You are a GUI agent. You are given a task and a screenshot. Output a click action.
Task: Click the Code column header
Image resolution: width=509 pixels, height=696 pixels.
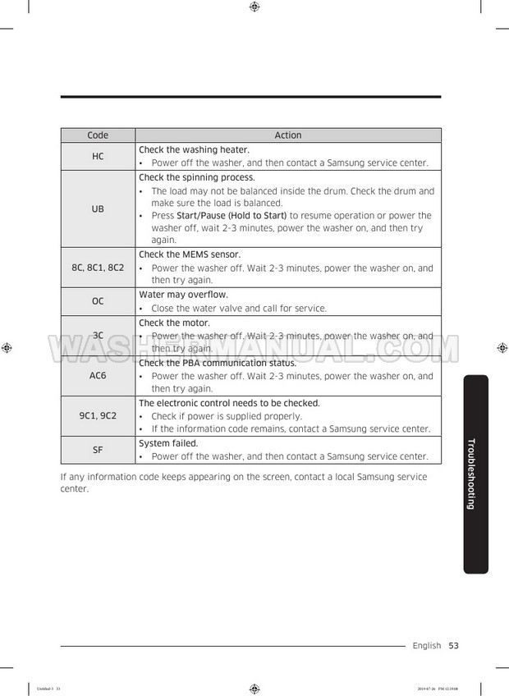point(98,135)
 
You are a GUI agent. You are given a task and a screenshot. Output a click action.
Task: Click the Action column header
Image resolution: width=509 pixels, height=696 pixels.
point(288,135)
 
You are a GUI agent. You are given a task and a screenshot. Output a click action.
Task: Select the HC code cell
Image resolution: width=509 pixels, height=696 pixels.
point(98,156)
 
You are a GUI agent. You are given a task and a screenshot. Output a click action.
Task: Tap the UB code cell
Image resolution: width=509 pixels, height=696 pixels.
point(98,208)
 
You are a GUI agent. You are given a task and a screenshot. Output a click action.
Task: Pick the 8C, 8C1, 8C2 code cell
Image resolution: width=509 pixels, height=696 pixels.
point(98,268)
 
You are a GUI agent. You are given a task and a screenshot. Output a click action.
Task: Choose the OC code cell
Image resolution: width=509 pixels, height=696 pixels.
point(98,301)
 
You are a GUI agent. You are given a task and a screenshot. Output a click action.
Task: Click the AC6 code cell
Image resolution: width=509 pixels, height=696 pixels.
point(98,375)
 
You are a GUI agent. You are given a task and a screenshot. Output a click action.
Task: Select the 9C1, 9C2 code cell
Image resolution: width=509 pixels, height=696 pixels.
point(98,415)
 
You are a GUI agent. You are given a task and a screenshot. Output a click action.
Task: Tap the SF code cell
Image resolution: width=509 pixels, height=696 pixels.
point(98,449)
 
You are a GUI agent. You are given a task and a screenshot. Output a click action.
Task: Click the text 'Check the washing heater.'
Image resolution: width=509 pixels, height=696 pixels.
point(194,149)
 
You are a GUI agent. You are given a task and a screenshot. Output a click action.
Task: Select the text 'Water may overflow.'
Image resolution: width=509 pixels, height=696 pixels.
point(183,295)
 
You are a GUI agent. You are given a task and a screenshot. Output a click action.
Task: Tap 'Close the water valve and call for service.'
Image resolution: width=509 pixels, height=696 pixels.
point(239,309)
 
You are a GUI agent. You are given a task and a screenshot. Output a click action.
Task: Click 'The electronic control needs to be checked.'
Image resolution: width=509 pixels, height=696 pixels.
point(229,403)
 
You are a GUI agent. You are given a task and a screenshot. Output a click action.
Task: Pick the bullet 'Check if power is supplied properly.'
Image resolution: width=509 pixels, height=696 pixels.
point(227,416)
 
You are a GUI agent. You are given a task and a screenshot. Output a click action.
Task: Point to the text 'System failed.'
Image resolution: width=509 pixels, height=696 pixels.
point(169,443)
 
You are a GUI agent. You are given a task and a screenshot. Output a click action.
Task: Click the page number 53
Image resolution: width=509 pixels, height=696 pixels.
point(453,646)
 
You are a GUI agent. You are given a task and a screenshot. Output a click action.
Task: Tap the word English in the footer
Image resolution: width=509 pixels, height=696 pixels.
point(427,646)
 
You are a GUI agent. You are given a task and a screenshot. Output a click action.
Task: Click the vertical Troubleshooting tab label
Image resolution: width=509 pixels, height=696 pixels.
point(471,474)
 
